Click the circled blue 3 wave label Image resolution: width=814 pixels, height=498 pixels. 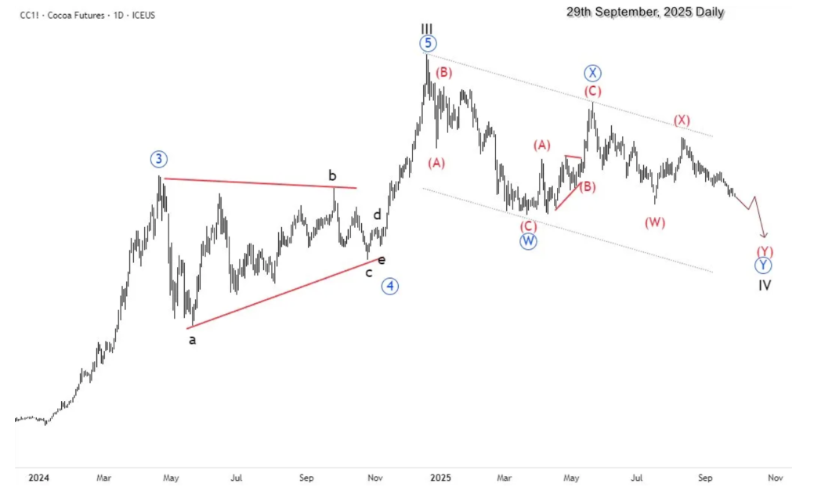tap(159, 160)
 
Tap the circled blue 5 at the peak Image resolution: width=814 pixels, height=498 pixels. tap(427, 44)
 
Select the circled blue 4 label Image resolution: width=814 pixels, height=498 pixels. tap(390, 286)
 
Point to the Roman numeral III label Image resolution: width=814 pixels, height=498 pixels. tap(426, 28)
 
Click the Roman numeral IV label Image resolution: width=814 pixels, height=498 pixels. tap(765, 285)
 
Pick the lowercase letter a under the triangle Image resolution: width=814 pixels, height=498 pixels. tap(192, 340)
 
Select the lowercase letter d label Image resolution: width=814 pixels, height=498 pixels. tap(377, 215)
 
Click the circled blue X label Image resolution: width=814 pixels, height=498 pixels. tap(592, 74)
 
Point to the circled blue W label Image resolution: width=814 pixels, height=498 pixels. tap(528, 241)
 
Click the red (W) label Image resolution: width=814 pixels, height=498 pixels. tap(655, 222)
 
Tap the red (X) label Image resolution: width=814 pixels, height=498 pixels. tap(682, 121)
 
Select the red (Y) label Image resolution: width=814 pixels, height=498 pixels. tap(765, 251)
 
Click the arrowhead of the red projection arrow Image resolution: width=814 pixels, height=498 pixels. tap(765, 235)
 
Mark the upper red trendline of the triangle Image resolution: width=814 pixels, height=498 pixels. tap(259, 183)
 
